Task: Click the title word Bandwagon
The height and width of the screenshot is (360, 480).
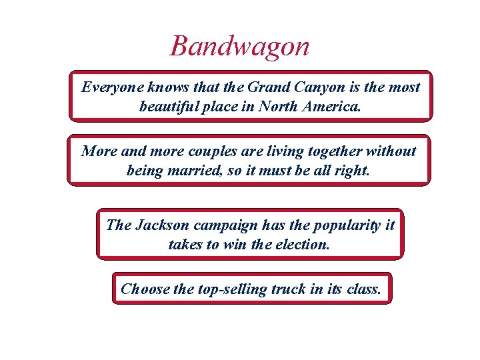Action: point(240,47)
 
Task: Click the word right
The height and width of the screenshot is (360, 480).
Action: point(351,170)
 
